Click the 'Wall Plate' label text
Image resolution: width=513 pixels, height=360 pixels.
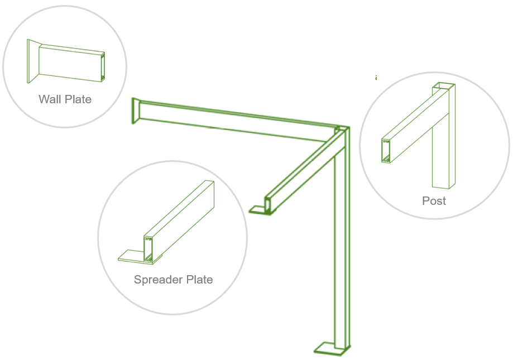pyautogui.click(x=65, y=99)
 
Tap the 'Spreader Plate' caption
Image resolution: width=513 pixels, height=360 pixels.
pyautogui.click(x=173, y=280)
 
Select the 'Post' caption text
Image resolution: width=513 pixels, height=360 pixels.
pyautogui.click(x=434, y=201)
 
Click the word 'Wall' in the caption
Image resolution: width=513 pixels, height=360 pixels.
pyautogui.click(x=50, y=99)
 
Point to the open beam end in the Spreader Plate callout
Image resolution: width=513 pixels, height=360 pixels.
pyautogui.click(x=148, y=249)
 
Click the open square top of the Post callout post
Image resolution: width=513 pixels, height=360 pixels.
pyautogui.click(x=443, y=85)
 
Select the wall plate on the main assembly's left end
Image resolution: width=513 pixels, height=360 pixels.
pyautogui.click(x=135, y=111)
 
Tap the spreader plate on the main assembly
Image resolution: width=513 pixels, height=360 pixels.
pyautogui.click(x=258, y=210)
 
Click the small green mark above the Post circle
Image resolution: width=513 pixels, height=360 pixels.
pyautogui.click(x=376, y=78)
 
